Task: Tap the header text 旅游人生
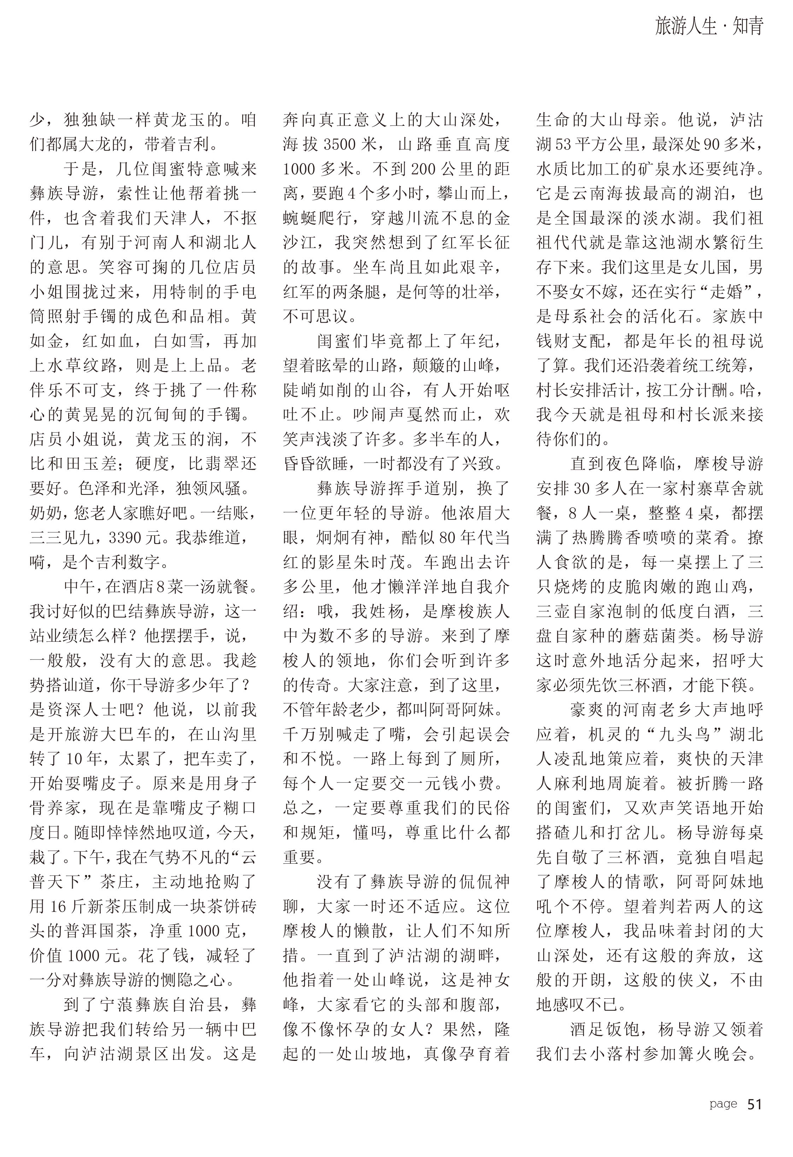(x=686, y=26)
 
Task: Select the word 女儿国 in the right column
(x=712, y=268)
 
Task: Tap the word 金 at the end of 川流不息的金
(x=502, y=218)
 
